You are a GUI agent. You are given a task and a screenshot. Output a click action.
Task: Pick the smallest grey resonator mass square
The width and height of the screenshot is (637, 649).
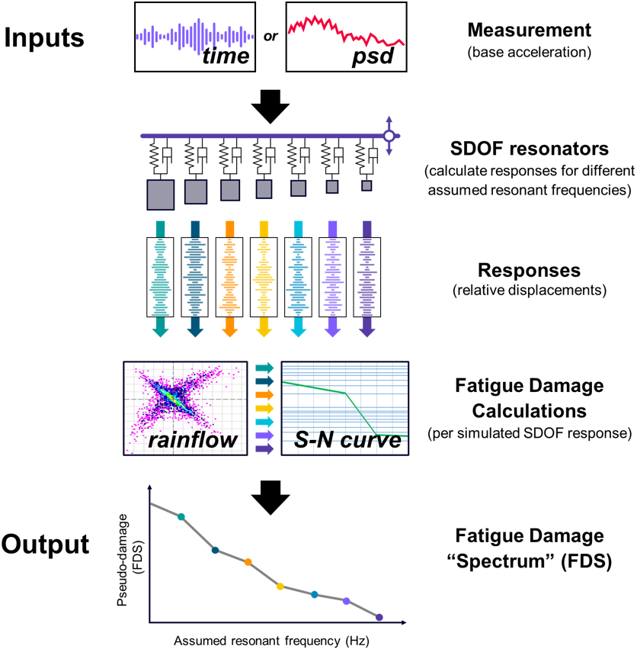[367, 185]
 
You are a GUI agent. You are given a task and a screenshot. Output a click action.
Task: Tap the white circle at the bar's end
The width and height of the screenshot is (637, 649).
[389, 136]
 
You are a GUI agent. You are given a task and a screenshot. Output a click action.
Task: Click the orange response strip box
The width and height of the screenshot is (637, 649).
[229, 275]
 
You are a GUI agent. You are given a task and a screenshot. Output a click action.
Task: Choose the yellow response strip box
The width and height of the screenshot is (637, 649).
[264, 275]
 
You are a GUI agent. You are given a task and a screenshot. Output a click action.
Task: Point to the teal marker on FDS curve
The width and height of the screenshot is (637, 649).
[181, 516]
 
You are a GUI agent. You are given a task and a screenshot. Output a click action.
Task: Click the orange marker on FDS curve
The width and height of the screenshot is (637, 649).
[248, 562]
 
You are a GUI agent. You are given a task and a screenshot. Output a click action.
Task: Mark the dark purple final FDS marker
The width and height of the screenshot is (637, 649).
[379, 618]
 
